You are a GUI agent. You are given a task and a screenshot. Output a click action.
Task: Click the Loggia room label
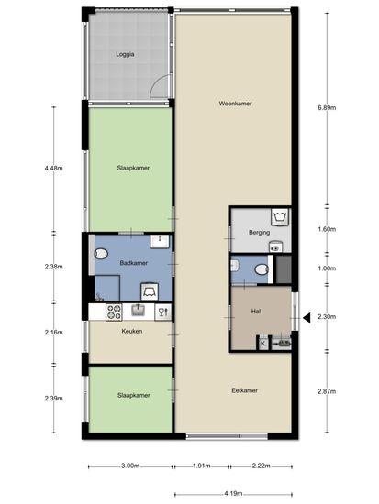tap(125, 54)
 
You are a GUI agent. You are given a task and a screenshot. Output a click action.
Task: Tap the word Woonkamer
tap(235, 104)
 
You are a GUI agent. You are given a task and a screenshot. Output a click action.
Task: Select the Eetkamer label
tap(244, 390)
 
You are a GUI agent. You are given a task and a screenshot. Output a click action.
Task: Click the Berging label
tap(259, 232)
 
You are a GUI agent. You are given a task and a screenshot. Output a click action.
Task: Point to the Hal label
tap(256, 312)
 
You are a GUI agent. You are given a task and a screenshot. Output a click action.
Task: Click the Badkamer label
tap(134, 263)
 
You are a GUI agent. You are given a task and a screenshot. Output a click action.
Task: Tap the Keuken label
tap(132, 331)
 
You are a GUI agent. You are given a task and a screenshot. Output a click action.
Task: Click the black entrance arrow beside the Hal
tap(307, 318)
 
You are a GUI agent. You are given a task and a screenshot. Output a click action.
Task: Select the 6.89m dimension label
tap(327, 108)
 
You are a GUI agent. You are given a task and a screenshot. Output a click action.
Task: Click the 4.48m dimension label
tap(54, 168)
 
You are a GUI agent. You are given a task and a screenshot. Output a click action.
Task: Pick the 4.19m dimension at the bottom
tap(233, 493)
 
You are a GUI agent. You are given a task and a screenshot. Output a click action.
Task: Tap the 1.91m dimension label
tap(201, 466)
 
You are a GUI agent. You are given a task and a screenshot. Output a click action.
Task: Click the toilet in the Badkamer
tap(101, 254)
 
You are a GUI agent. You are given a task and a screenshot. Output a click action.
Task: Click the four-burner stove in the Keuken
tap(114, 312)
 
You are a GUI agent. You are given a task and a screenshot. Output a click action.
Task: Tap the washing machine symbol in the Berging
tap(281, 217)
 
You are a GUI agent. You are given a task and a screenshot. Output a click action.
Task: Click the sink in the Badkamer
tap(160, 241)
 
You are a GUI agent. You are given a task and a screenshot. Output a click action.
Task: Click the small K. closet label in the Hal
tap(263, 344)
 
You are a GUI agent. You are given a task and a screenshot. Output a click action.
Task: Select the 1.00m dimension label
tap(327, 268)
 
